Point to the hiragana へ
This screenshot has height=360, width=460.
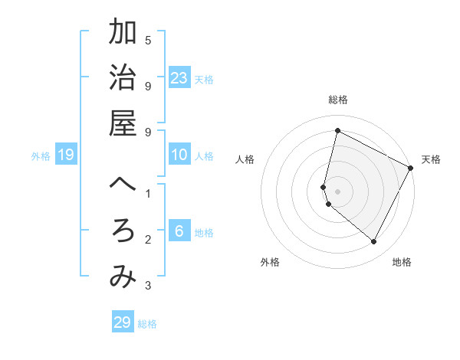click(x=123, y=185)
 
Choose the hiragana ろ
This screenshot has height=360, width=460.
click(x=123, y=231)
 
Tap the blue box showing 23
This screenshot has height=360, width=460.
click(x=179, y=77)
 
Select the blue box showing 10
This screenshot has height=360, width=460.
click(x=179, y=155)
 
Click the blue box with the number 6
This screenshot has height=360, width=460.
click(x=179, y=231)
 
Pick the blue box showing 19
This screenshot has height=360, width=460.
click(x=66, y=155)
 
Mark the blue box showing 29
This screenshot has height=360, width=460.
click(x=123, y=322)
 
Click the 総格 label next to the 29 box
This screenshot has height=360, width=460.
click(x=147, y=324)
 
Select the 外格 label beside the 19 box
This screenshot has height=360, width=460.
click(x=41, y=156)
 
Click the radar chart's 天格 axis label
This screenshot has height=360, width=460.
click(x=431, y=159)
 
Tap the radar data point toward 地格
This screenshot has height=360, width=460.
click(x=373, y=242)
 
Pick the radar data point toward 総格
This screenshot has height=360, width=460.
click(x=337, y=130)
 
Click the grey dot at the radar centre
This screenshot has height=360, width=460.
click(x=337, y=190)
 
